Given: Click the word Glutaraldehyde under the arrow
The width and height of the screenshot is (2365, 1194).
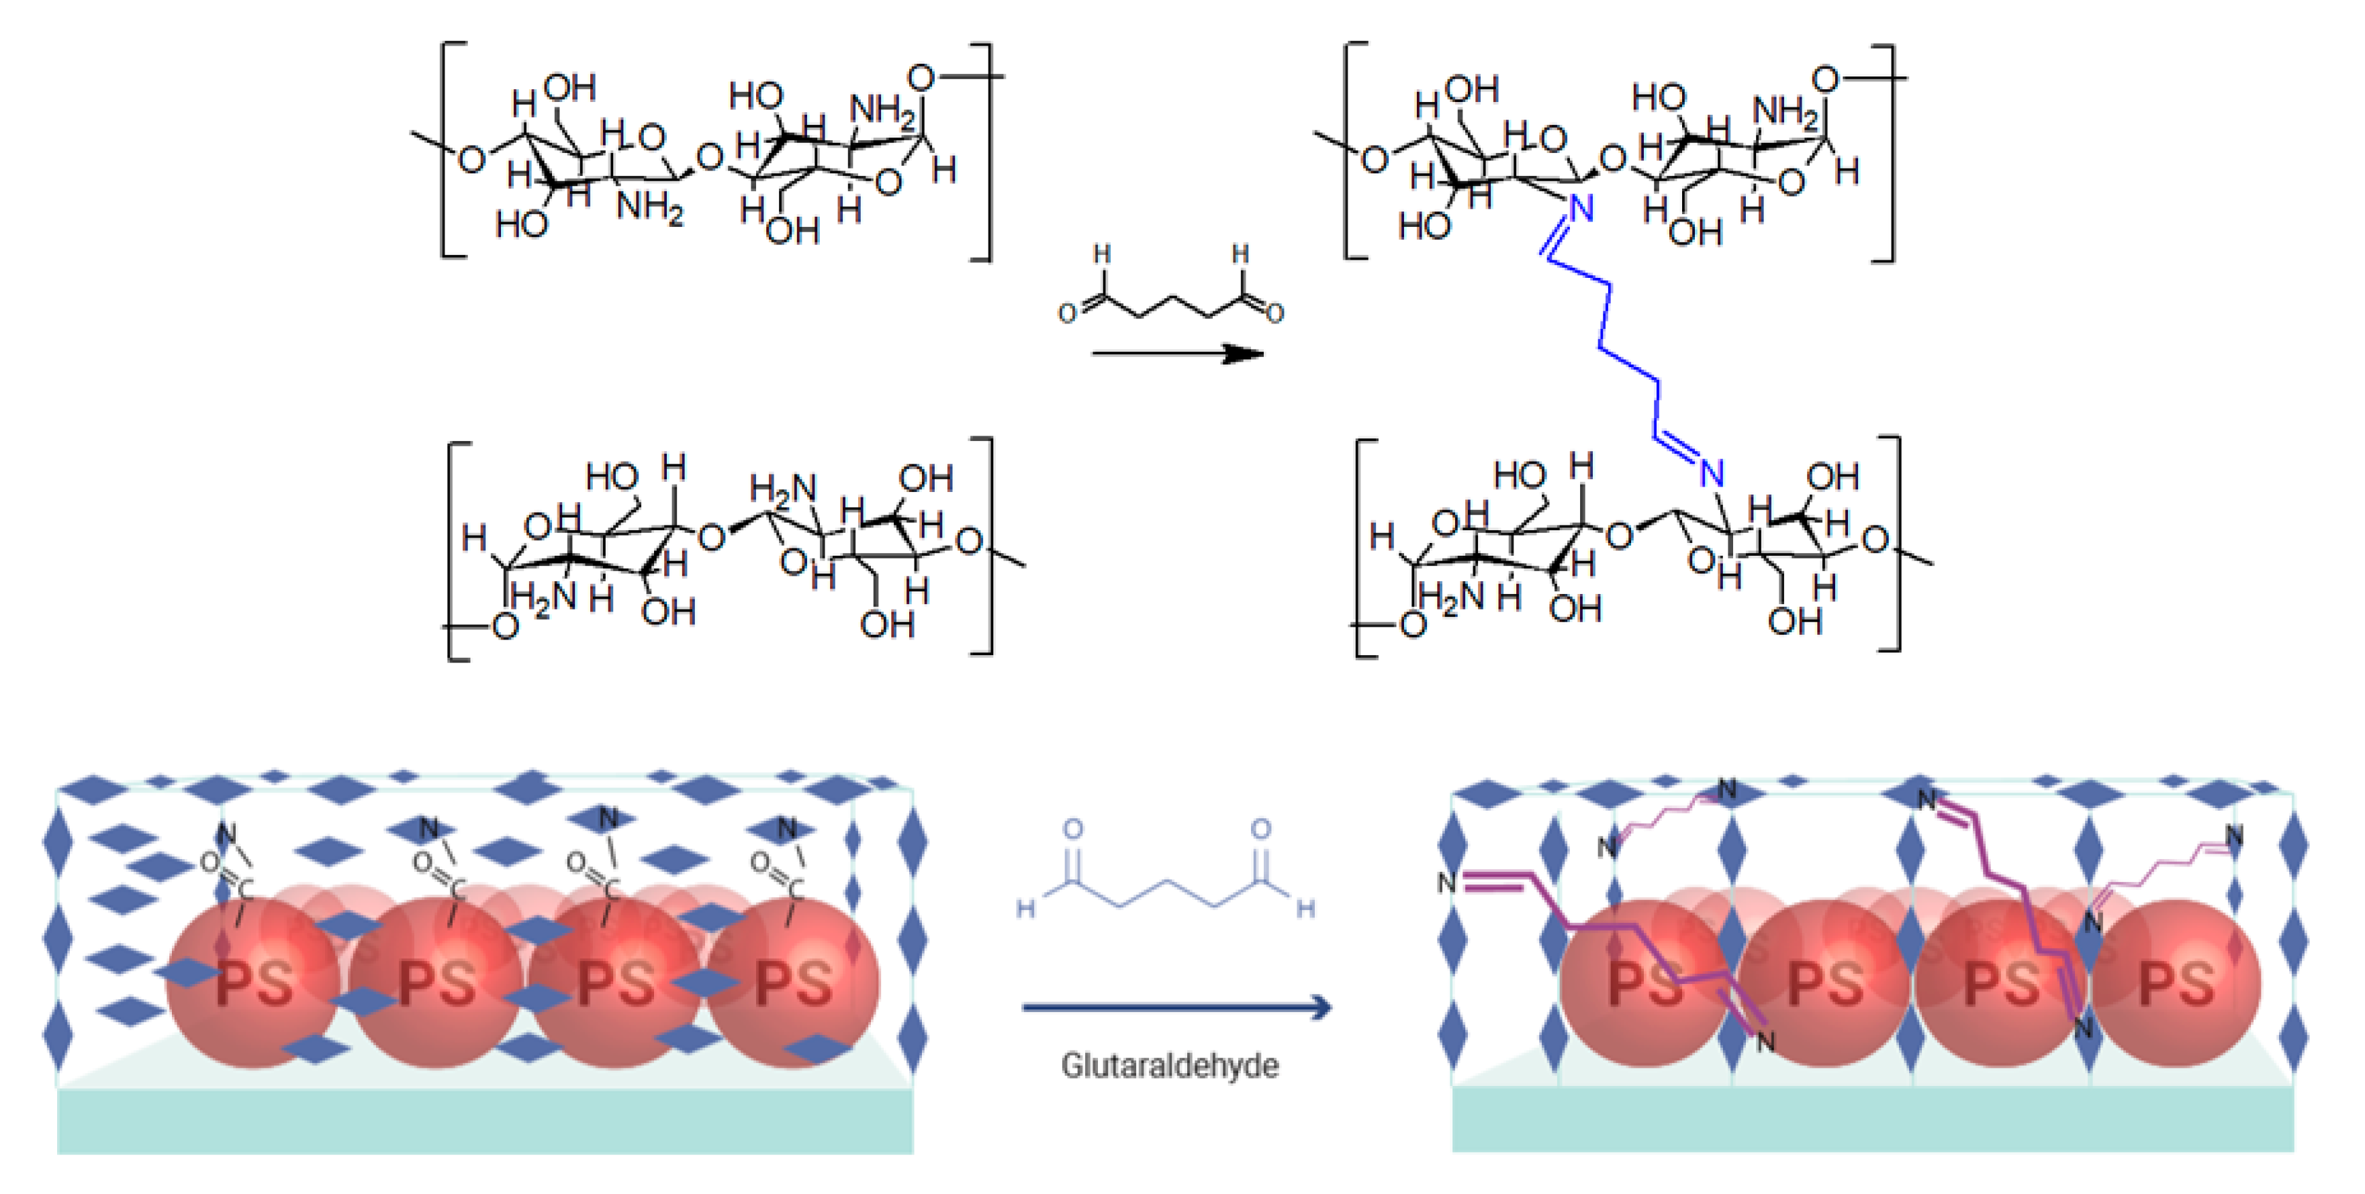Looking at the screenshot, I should (x=1168, y=1066).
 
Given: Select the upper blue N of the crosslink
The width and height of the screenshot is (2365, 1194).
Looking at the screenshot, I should (x=1580, y=210).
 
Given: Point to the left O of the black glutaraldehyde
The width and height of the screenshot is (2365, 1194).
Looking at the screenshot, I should (x=1067, y=314).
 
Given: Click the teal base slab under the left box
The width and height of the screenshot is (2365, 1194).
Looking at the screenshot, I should (x=485, y=1121).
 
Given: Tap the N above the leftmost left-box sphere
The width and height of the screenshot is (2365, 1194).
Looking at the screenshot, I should (x=226, y=834).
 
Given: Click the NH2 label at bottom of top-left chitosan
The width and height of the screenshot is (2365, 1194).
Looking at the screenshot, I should (x=650, y=207).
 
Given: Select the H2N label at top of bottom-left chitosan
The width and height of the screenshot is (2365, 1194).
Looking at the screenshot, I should (x=782, y=489).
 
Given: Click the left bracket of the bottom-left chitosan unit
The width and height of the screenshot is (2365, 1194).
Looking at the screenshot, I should (x=457, y=550).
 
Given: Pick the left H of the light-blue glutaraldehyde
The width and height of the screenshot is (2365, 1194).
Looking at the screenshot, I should (x=1025, y=909).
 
